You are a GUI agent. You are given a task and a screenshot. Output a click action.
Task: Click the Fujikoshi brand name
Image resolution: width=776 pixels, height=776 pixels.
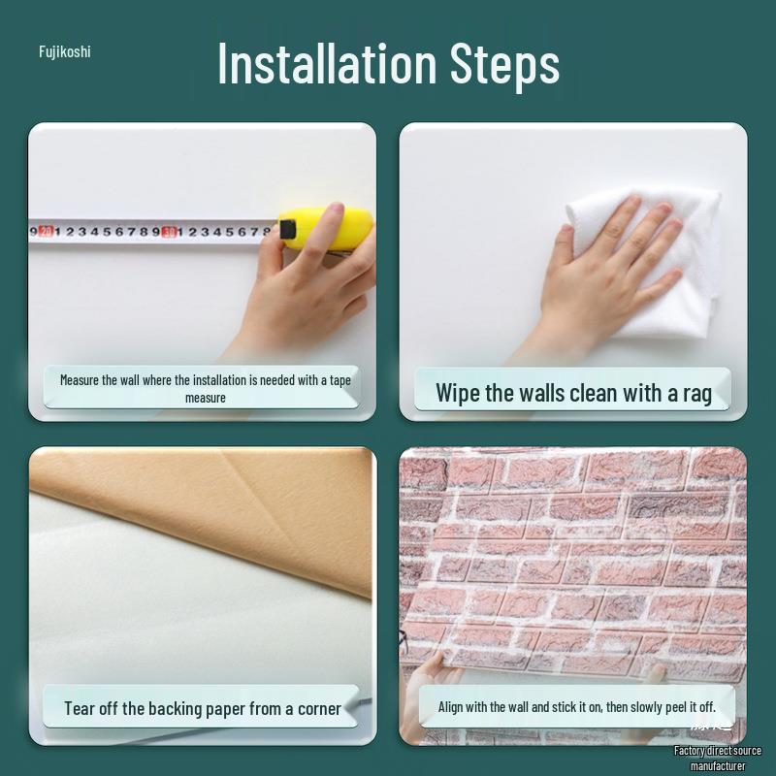[64, 51]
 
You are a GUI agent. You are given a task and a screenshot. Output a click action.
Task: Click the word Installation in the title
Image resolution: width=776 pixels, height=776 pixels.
[327, 63]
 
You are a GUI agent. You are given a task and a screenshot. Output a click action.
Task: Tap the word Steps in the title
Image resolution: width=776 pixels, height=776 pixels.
[504, 65]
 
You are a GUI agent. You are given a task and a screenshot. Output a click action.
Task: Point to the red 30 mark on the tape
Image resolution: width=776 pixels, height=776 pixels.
[169, 232]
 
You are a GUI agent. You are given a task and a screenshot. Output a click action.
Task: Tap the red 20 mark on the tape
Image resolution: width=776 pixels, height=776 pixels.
[46, 232]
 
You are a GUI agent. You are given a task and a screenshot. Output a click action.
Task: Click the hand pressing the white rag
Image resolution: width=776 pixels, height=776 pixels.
[611, 262]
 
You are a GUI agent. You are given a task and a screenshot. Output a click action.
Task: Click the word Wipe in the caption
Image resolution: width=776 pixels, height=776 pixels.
[458, 393]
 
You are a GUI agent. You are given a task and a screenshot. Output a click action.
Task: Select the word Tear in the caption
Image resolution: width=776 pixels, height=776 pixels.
[80, 708]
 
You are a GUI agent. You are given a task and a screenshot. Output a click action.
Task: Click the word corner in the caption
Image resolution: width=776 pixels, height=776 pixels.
[319, 708]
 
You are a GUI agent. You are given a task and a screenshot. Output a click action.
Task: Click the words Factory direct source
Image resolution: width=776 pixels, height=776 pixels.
[718, 751]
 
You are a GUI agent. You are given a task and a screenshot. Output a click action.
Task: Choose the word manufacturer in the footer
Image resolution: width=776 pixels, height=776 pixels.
[718, 766]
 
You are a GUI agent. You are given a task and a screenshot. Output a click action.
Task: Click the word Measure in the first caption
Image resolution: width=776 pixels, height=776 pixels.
[80, 380]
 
